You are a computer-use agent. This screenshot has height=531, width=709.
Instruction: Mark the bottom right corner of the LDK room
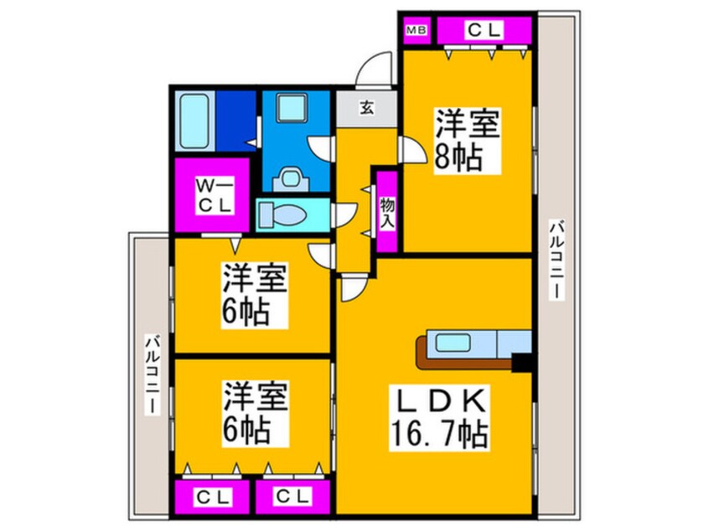[531, 513]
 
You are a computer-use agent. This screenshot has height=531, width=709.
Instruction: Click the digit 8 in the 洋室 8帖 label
[444, 157]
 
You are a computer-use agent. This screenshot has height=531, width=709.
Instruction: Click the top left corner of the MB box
[403, 18]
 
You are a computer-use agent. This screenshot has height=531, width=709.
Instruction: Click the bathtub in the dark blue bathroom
[194, 121]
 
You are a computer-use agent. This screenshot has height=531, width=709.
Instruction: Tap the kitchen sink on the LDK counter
[453, 342]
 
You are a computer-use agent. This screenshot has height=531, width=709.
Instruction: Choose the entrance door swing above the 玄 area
[374, 70]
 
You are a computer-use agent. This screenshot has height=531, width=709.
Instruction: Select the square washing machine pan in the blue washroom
[292, 107]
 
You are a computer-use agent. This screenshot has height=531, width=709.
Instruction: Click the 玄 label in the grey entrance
[367, 108]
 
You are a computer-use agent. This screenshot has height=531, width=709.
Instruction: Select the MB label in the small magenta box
[417, 31]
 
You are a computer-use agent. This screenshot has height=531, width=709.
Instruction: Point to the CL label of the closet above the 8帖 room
[484, 30]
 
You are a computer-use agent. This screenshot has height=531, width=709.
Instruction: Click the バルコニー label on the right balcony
[557, 260]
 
